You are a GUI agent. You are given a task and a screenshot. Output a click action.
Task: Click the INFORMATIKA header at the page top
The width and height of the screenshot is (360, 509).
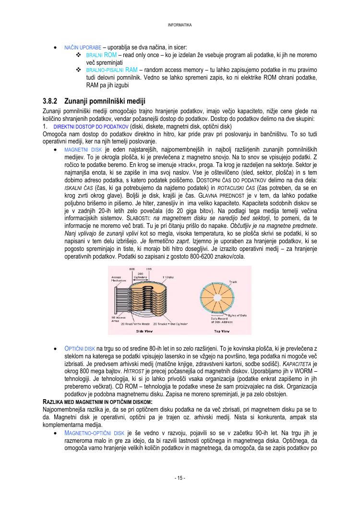point(180,24)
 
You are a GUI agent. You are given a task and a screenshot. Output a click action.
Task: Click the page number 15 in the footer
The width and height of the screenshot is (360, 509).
point(180,478)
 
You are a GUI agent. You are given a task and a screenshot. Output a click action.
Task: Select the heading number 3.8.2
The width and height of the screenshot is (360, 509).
point(50,101)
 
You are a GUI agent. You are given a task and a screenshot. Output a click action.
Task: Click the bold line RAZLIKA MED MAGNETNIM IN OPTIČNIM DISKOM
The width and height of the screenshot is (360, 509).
point(97,401)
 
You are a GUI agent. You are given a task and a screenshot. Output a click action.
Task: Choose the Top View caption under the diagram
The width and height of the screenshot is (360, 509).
point(221,331)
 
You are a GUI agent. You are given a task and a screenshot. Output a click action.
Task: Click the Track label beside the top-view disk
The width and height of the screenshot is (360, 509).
point(233,282)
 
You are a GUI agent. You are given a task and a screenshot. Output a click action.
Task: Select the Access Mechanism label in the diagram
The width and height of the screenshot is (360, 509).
point(119,279)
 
